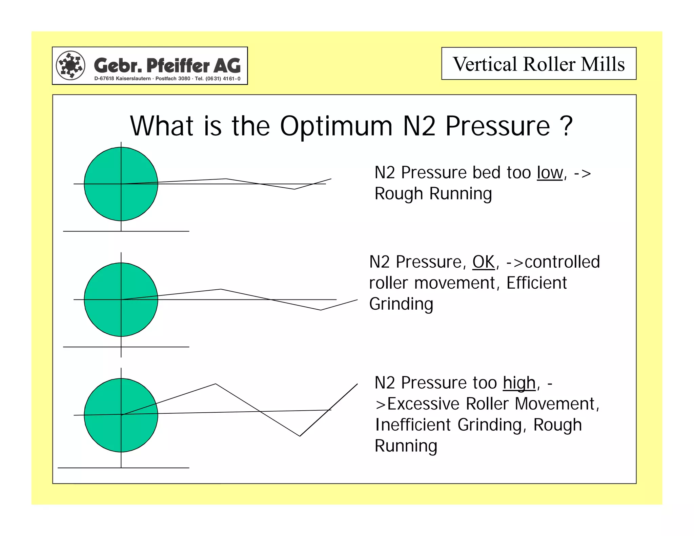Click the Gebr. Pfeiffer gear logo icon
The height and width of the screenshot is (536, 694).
click(x=70, y=65)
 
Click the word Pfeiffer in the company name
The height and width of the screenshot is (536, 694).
click(x=178, y=65)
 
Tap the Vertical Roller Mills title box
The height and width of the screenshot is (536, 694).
click(x=538, y=64)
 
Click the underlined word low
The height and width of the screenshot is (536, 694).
click(x=550, y=173)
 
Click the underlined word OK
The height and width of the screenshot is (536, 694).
click(x=484, y=262)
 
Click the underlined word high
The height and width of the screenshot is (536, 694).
click(x=519, y=383)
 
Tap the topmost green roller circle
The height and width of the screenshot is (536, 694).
click(x=121, y=184)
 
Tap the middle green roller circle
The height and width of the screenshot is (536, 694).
click(x=121, y=300)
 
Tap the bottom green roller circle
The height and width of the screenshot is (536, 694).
click(x=121, y=415)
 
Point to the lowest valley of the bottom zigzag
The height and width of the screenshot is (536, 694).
click(x=300, y=436)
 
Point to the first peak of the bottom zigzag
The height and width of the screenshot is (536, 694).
click(x=216, y=384)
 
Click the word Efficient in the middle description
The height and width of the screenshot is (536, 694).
click(x=536, y=283)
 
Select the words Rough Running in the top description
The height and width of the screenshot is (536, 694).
click(x=433, y=194)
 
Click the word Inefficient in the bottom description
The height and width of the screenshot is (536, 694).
click(x=413, y=425)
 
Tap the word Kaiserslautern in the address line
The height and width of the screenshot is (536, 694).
click(x=133, y=79)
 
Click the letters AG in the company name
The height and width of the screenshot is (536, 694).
click(x=227, y=65)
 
